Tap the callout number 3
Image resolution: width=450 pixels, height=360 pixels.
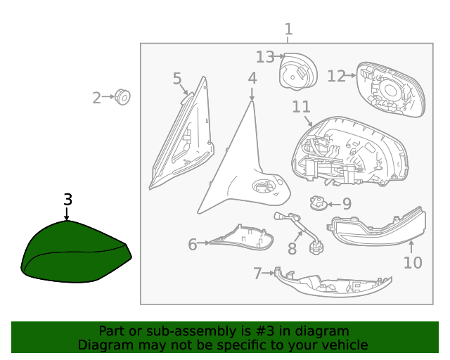click(67, 200)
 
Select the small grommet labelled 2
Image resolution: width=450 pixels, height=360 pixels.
click(122, 97)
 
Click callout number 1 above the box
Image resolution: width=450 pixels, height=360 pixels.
click(288, 30)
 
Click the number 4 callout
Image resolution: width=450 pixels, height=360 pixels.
click(252, 78)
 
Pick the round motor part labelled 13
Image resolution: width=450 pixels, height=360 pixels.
click(298, 71)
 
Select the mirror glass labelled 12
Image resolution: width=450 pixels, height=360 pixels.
click(391, 89)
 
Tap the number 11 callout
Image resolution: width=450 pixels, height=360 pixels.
click(302, 107)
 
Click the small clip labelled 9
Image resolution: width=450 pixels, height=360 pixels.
click(319, 202)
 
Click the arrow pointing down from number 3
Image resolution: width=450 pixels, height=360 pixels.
click(67, 214)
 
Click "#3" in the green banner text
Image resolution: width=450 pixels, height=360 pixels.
click(264, 331)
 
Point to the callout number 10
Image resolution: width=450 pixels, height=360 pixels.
click(413, 263)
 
